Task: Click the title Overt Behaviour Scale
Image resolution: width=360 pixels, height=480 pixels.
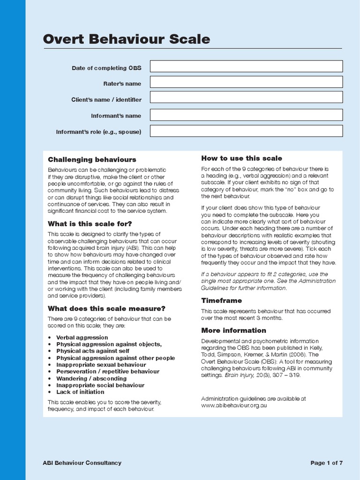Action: pyautogui.click(x=126, y=39)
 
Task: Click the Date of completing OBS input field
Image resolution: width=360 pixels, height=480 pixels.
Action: pyautogui.click(x=246, y=66)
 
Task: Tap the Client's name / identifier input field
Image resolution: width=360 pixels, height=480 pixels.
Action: pyautogui.click(x=246, y=97)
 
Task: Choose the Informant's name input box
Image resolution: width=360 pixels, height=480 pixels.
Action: pyautogui.click(x=246, y=115)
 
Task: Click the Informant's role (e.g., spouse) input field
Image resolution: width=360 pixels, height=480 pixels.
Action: pyautogui.click(x=246, y=131)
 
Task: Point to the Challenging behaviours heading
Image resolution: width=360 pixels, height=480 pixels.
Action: pyautogui.click(x=92, y=160)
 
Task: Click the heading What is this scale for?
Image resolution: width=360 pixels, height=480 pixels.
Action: pyautogui.click(x=90, y=224)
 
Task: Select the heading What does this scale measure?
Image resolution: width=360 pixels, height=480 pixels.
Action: pyautogui.click(x=106, y=308)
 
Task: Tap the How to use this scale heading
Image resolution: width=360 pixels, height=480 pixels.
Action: pyautogui.click(x=241, y=158)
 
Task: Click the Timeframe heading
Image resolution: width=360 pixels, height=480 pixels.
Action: pyautogui.click(x=221, y=300)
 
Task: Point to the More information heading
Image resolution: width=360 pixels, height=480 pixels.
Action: pyautogui.click(x=233, y=330)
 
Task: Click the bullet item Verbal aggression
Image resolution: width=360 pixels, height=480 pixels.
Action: pyautogui.click(x=82, y=337)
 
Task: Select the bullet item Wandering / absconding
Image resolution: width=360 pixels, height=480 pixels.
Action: pyautogui.click(x=91, y=378)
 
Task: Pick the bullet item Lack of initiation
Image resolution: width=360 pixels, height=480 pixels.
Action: pyautogui.click(x=80, y=392)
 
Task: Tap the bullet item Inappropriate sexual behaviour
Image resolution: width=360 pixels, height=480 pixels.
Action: pyautogui.click(x=101, y=365)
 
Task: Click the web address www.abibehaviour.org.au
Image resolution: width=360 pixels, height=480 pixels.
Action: pyautogui.click(x=234, y=405)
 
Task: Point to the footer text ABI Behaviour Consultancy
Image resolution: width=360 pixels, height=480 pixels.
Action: pyautogui.click(x=82, y=463)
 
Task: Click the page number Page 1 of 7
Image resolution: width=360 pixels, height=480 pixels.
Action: pyautogui.click(x=327, y=463)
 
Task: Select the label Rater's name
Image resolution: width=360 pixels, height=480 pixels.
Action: pyautogui.click(x=122, y=83)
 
